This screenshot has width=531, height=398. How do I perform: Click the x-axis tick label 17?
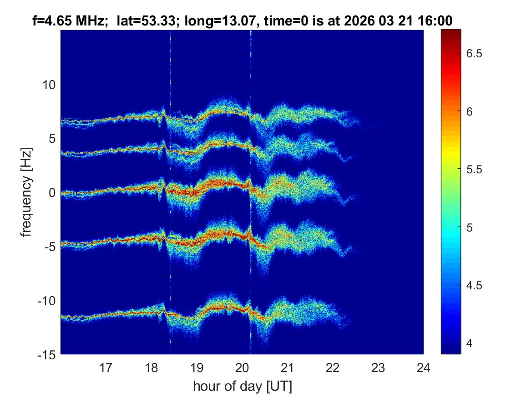(106, 367)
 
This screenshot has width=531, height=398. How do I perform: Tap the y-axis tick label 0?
(52, 193)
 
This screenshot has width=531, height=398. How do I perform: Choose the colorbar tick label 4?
(474, 343)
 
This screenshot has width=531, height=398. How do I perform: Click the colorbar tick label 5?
(474, 227)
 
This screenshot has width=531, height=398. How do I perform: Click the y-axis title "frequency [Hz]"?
(27, 192)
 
